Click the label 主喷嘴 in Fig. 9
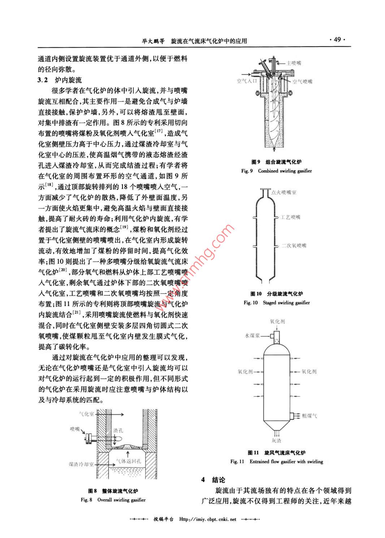[x=294, y=63]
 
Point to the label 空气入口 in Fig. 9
[x=247, y=81]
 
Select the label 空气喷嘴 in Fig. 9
[x=302, y=82]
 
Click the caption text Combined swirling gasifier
[x=285, y=171]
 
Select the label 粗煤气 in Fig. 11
[x=310, y=416]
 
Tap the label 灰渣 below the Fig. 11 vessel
[x=277, y=440]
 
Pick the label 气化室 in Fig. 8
[x=86, y=414]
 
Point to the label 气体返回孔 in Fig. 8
[x=129, y=461]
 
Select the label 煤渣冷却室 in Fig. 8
[x=81, y=464]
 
